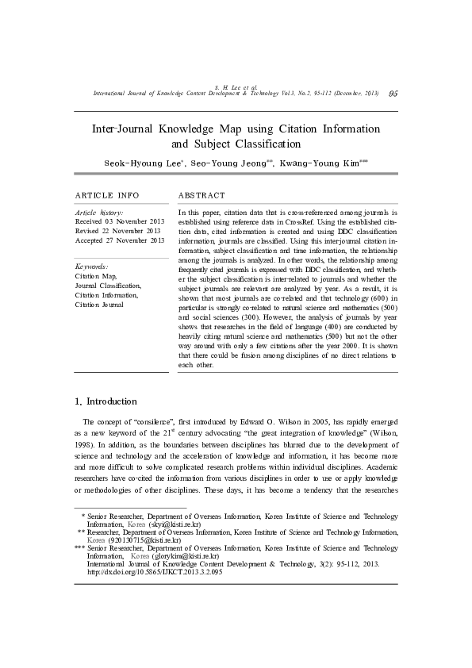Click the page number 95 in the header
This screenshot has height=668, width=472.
pos(393,94)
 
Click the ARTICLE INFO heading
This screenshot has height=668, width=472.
pos(106,195)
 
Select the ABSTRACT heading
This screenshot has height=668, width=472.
pos(201,195)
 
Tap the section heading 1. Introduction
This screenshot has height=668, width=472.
pos(106,401)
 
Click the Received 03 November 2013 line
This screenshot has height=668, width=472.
pos(120,221)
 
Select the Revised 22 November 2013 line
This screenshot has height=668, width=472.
pos(117,231)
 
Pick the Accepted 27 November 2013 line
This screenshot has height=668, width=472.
pos(120,240)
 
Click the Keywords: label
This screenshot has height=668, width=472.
pos(91,267)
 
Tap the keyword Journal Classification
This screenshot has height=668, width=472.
pos(108,286)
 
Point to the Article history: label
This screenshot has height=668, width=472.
pos(98,213)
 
